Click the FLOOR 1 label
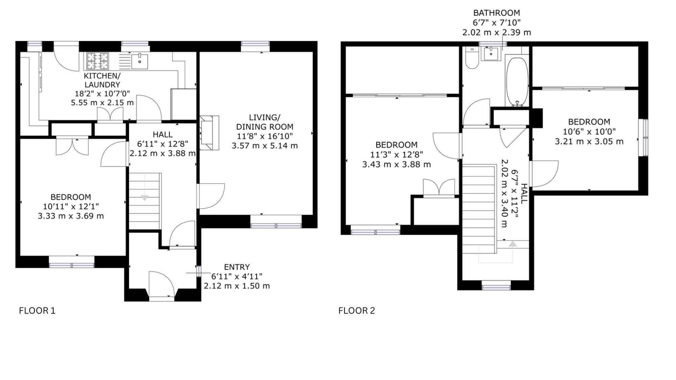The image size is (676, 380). click(x=37, y=311)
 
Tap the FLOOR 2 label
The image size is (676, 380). click(x=357, y=311)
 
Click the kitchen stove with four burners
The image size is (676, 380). click(x=98, y=61)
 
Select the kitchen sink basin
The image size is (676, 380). click(x=140, y=61)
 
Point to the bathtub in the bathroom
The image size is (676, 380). click(x=517, y=82)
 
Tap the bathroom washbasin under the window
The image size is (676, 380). click(x=491, y=54)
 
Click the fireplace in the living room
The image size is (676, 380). click(x=210, y=133)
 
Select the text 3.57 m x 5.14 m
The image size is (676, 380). click(x=265, y=146)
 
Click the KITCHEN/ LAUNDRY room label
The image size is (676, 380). click(x=102, y=80)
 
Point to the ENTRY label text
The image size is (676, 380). click(x=237, y=267)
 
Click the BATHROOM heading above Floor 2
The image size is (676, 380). click(x=497, y=13)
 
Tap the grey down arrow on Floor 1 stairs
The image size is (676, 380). click(x=144, y=198)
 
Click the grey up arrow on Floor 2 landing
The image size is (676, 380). click(x=513, y=244)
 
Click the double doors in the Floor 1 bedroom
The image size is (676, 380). click(x=72, y=146)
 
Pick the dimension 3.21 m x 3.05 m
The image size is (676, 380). click(x=589, y=142)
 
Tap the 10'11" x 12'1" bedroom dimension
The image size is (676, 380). click(x=71, y=206)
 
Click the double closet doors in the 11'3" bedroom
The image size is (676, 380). click(x=439, y=187)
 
